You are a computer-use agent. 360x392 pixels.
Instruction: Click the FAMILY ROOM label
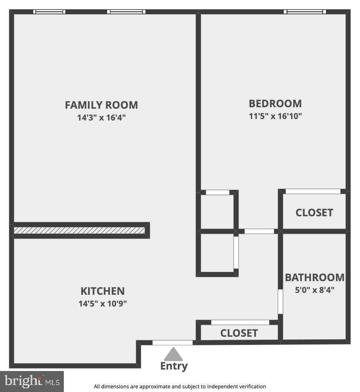(101, 105)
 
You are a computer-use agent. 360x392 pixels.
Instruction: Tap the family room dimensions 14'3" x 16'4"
(101, 118)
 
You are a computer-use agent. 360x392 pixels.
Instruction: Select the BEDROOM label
(275, 104)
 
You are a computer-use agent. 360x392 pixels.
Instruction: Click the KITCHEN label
(103, 291)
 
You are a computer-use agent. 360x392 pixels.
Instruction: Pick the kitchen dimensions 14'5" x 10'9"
(103, 304)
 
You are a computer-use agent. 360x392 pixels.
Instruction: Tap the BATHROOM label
(315, 277)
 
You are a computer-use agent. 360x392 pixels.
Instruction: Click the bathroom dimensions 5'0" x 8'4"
(315, 290)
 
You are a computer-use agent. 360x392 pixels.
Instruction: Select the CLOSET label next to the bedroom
(314, 213)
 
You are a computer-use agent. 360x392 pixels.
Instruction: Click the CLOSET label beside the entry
(239, 333)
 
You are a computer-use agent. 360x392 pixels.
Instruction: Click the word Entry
(174, 366)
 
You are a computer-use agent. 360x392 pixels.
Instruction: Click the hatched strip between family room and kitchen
(79, 230)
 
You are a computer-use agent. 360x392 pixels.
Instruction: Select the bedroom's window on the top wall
(305, 12)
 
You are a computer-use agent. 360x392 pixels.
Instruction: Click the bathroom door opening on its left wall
(280, 301)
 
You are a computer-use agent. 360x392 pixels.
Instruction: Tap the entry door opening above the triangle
(173, 343)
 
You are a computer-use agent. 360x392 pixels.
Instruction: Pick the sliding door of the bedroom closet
(313, 191)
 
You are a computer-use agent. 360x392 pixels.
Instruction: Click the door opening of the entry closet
(240, 322)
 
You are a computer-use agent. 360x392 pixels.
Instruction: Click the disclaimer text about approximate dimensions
(180, 386)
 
